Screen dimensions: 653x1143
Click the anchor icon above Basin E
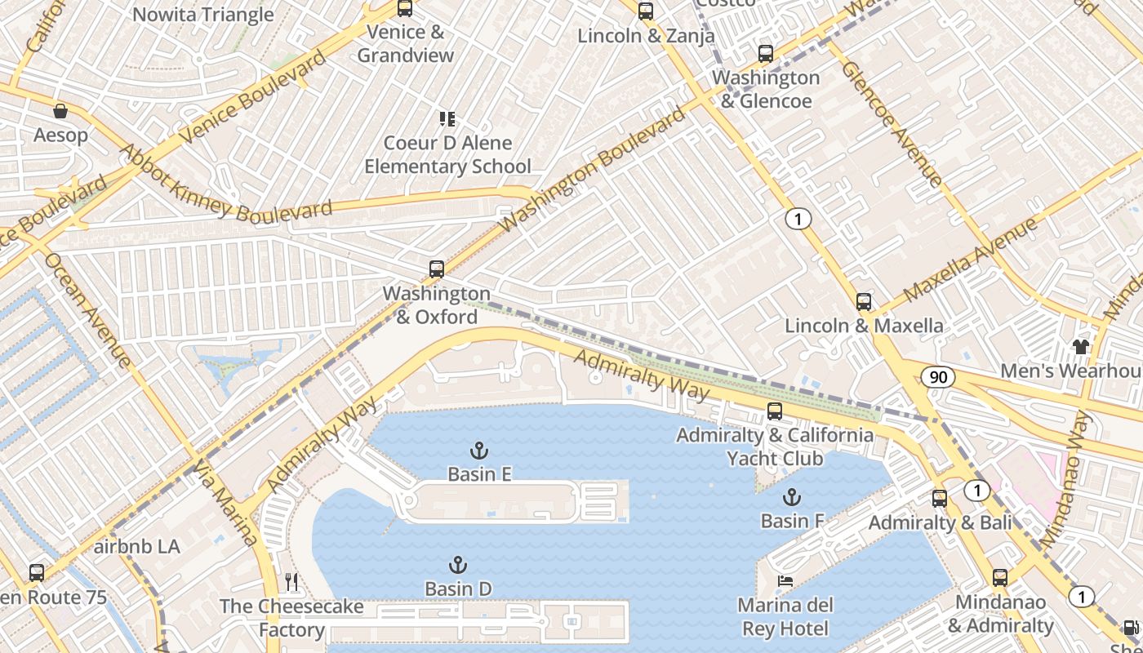[479, 451]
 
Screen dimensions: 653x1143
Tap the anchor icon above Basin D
[458, 565]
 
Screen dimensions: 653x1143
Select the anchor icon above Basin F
[791, 497]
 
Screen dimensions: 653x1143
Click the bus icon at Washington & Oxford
[437, 269]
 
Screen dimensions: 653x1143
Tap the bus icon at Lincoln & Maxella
[864, 302]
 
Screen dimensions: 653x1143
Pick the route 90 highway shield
[938, 376]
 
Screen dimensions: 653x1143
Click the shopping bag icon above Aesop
[60, 111]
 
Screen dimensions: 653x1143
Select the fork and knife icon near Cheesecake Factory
[291, 582]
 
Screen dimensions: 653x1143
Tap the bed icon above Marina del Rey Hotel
[785, 581]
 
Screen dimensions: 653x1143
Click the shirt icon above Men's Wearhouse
[1082, 347]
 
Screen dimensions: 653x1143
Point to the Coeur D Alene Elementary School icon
[447, 119]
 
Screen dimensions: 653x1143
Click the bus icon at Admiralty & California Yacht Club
[775, 411]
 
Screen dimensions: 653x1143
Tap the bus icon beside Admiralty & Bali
[940, 499]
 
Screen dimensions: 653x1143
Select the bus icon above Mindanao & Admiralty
[1000, 578]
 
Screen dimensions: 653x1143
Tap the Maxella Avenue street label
[970, 260]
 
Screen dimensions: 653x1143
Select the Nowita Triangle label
[202, 15]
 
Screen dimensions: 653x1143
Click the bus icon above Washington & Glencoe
[765, 54]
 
